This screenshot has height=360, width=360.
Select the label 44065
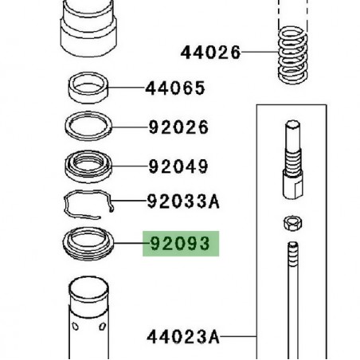click(x=174, y=88)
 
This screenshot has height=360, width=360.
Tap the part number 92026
click(x=178, y=127)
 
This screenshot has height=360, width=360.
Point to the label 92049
click(x=178, y=166)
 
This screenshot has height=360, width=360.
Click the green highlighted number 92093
click(x=179, y=243)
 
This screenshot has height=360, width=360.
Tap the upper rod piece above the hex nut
click(x=292, y=159)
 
